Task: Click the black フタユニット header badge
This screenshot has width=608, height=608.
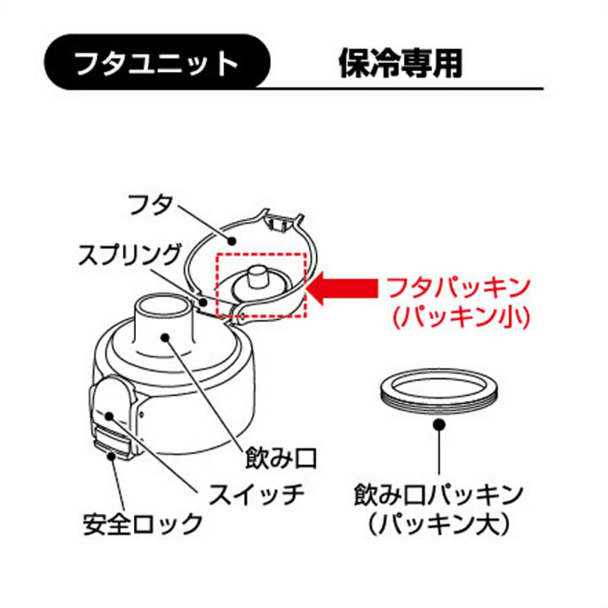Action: coord(157,62)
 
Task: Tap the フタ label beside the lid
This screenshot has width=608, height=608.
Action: coord(150,204)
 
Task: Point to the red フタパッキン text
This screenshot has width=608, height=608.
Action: coord(458,288)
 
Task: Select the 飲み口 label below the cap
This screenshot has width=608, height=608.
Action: coord(282,458)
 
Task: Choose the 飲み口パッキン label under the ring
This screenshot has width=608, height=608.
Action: coord(438,495)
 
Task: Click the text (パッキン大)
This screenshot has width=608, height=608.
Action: coord(438,525)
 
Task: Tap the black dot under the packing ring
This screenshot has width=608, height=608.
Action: coord(439,425)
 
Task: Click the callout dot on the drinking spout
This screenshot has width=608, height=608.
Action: coord(165,337)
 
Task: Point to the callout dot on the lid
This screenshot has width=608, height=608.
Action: coord(232,241)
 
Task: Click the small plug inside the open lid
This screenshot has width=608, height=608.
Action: coord(255,277)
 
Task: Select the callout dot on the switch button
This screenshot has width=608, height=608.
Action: coord(109,416)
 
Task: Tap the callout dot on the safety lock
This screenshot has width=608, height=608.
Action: coord(112,455)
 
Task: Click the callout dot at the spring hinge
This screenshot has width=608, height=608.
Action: coord(204,302)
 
